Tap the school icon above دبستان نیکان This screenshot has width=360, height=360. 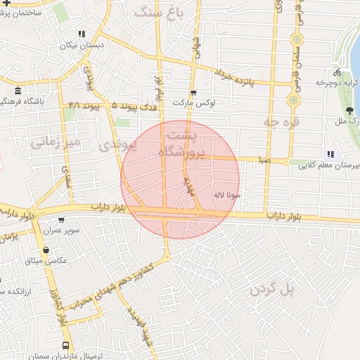[x=82, y=33]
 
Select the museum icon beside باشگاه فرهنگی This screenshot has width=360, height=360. [x=18, y=91]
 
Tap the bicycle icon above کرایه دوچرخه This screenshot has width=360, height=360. [x=338, y=73]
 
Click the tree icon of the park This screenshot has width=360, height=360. [x=349, y=110]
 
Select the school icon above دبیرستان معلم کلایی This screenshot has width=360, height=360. [x=329, y=155]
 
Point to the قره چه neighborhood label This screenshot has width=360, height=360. [x=262, y=122]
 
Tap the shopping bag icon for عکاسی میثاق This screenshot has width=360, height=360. [x=46, y=250]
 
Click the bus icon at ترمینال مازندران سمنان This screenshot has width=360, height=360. [x=65, y=345]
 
